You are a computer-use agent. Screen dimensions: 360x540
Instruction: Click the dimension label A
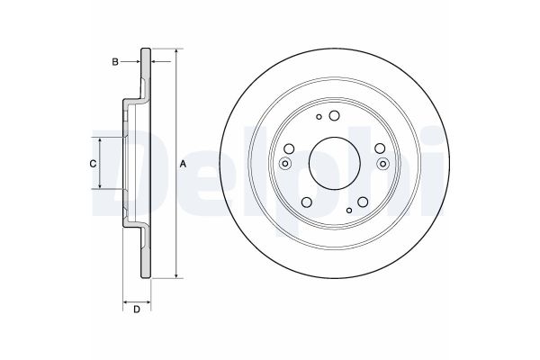[183, 164]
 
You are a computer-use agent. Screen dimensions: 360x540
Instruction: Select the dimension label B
[115, 61]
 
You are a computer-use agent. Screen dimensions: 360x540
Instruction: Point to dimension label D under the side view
[136, 310]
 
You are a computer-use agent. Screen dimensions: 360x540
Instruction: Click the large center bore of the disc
[333, 163]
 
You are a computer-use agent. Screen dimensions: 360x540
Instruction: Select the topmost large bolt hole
[333, 115]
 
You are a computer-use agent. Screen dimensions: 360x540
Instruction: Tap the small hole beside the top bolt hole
[317, 117]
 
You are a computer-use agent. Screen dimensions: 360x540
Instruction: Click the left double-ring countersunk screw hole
[285, 163]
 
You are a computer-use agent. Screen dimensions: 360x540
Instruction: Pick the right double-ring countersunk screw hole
[382, 163]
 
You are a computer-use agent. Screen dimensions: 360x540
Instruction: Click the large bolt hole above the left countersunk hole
[290, 149]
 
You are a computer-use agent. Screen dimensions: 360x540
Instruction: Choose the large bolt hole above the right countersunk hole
[377, 149]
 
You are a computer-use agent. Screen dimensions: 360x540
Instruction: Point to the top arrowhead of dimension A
[175, 49]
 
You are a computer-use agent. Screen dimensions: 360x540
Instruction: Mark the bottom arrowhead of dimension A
[175, 275]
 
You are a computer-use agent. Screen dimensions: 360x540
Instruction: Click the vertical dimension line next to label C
[100, 163]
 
